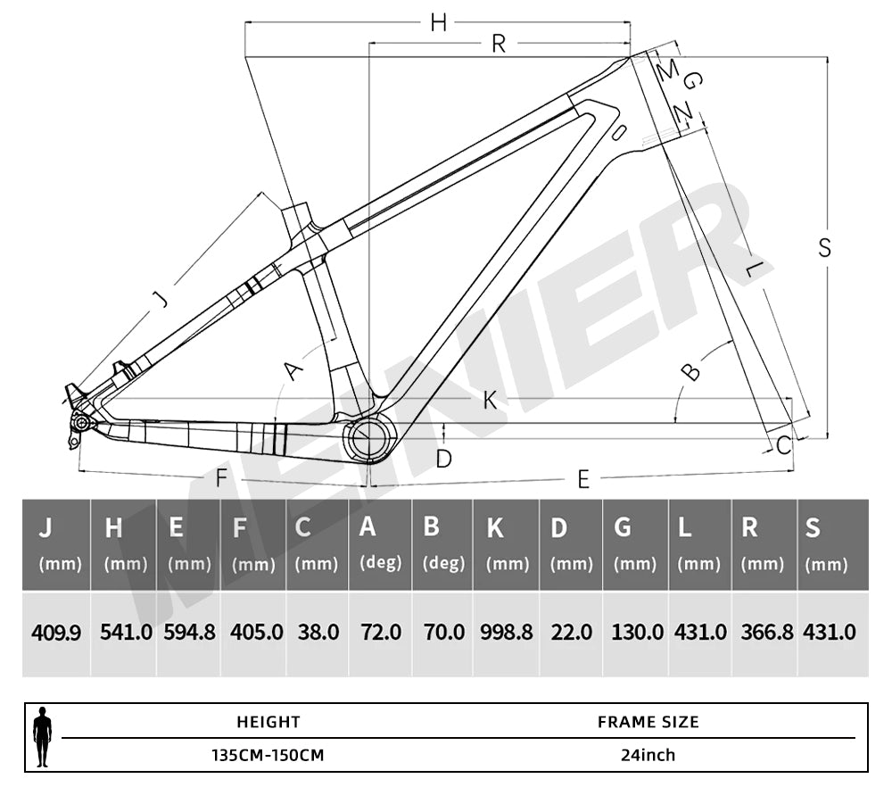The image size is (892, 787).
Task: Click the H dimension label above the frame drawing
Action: tap(438, 24)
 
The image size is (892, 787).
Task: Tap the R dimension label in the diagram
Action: tap(499, 44)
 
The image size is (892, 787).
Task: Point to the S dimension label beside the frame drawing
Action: tap(825, 248)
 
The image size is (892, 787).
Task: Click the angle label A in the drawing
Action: tap(293, 368)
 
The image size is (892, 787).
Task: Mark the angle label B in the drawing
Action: tap(690, 371)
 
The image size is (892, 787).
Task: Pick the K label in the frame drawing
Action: tap(490, 402)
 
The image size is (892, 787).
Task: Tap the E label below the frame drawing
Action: tap(583, 480)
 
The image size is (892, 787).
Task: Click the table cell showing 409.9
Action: tap(56, 633)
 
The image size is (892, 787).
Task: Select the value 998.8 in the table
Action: tap(506, 633)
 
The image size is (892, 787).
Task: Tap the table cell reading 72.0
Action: tap(381, 633)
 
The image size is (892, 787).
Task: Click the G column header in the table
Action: tap(623, 528)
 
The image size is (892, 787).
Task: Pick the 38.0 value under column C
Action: tap(317, 633)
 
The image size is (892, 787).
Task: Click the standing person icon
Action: tap(42, 737)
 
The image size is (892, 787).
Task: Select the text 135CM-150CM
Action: tap(268, 755)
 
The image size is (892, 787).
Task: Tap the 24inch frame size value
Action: tap(648, 755)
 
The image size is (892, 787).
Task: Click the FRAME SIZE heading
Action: tap(648, 722)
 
